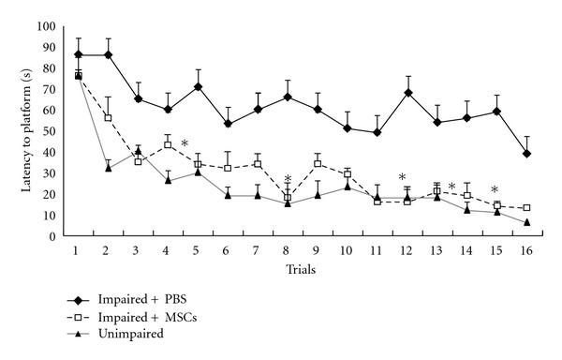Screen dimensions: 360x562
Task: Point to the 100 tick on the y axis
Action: tap(45, 27)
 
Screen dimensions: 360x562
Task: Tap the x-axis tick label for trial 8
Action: tap(288, 252)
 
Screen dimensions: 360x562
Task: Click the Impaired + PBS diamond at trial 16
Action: tap(527, 153)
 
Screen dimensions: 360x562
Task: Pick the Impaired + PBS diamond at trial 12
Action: tap(407, 93)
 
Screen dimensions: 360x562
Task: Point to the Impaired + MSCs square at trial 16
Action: tap(527, 208)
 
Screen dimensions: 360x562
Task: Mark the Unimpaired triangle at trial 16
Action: tap(527, 222)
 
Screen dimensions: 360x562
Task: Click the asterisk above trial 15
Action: tap(494, 189)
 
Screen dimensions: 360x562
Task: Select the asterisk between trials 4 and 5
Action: tap(185, 143)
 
